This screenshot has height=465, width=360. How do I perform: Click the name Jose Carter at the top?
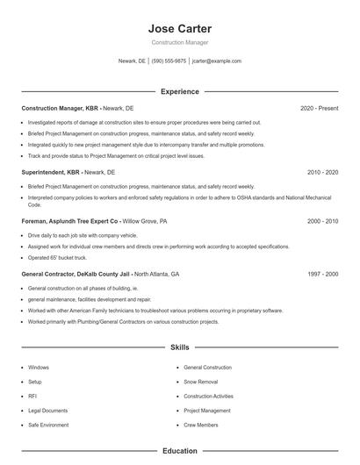tap(180, 28)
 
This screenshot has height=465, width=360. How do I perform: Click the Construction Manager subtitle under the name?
tap(180, 42)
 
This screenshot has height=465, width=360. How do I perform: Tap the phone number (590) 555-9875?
tap(169, 61)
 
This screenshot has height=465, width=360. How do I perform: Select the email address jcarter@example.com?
tap(216, 61)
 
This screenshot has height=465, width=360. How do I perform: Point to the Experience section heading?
tap(180, 91)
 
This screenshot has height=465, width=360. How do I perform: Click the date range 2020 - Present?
tap(319, 108)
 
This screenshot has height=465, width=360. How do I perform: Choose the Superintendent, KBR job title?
tap(52, 173)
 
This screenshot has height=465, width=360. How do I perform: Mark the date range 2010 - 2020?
tap(322, 173)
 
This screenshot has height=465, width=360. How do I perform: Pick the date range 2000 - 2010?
tap(322, 222)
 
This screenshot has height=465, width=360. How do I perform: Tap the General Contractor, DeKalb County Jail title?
tap(76, 274)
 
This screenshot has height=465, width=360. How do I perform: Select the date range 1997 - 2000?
tap(322, 274)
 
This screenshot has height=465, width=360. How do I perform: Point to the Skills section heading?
tap(180, 347)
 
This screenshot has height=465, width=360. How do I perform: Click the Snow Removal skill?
tap(201, 382)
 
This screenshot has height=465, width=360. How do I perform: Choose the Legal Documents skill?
tap(47, 410)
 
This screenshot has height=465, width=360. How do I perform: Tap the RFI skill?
tap(32, 396)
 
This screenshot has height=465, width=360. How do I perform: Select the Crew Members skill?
tap(200, 424)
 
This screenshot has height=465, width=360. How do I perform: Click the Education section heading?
tap(180, 451)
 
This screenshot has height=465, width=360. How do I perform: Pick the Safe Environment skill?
tap(47, 424)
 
